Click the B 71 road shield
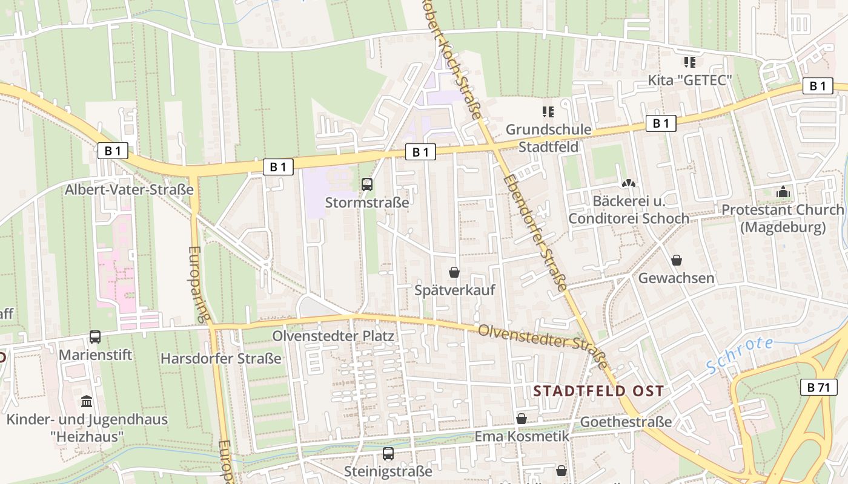click(822, 387)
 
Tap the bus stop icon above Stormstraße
click(367, 185)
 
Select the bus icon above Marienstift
click(95, 337)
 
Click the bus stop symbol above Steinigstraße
click(388, 453)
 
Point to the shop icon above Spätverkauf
click(454, 272)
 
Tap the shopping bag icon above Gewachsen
click(677, 260)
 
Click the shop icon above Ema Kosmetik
click(522, 418)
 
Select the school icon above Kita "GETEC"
click(690, 62)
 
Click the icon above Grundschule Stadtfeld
click(548, 111)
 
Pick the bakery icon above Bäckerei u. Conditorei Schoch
click(629, 183)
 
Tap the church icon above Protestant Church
click(783, 192)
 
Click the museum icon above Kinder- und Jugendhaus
click(87, 401)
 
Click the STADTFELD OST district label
click(598, 391)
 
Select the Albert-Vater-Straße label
click(129, 189)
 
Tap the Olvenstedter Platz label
click(333, 336)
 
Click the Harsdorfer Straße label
click(221, 358)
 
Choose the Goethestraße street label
click(626, 422)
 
